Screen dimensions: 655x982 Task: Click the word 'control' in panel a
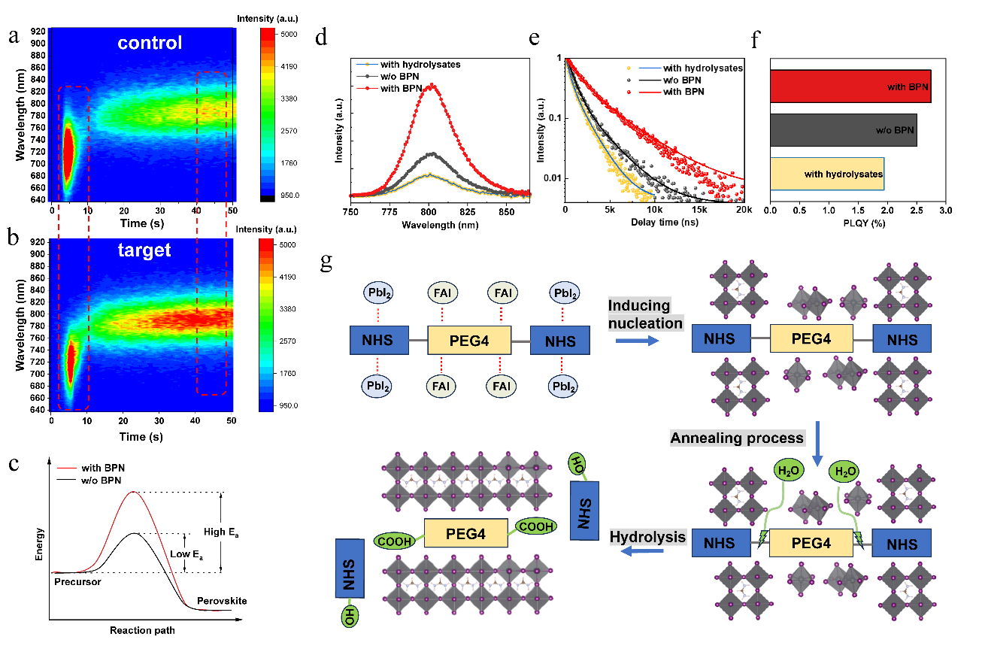pos(149,43)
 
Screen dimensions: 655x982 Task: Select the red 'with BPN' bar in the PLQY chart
pos(850,86)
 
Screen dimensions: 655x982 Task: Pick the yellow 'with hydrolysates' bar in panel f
pos(826,174)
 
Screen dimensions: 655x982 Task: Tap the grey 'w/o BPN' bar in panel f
pos(843,130)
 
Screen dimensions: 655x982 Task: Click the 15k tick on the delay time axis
pos(699,210)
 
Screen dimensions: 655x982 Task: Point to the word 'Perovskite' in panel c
pos(222,601)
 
